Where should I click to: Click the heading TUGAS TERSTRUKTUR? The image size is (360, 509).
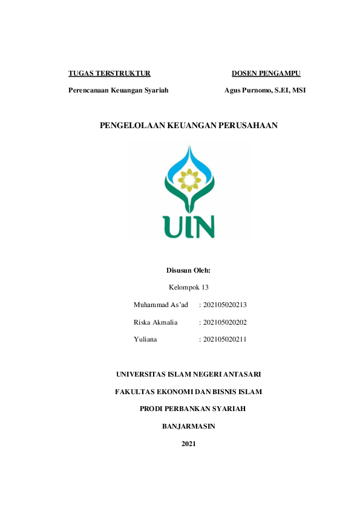click(110, 74)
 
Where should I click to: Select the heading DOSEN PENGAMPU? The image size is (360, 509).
click(266, 74)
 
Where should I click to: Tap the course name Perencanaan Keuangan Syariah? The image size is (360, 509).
click(118, 90)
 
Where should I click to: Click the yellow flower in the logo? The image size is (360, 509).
click(189, 180)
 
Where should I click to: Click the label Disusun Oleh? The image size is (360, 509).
click(188, 270)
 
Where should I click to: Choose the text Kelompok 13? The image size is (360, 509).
click(188, 287)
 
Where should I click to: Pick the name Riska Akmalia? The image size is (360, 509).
click(155, 322)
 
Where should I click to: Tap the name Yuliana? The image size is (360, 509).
click(145, 339)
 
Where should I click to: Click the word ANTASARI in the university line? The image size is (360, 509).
click(240, 374)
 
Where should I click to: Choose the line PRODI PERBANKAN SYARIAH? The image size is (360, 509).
click(192, 409)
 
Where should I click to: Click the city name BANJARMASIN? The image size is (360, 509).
click(188, 426)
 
